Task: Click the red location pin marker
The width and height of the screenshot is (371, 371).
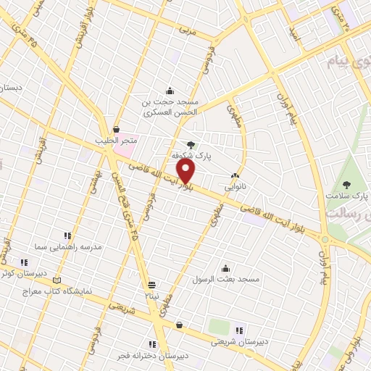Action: click(x=187, y=172)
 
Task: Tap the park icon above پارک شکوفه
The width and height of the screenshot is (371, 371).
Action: click(x=191, y=144)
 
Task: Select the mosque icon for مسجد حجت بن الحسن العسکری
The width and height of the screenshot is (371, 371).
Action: click(x=170, y=91)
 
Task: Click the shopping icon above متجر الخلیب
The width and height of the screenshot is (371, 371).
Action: click(x=116, y=129)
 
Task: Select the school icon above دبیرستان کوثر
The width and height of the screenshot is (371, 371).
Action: click(x=24, y=262)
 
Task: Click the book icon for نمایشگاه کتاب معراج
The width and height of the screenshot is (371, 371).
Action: click(x=59, y=279)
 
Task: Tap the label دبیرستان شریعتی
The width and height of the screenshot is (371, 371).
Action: click(x=238, y=342)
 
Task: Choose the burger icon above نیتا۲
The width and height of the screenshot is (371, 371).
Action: click(x=151, y=285)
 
